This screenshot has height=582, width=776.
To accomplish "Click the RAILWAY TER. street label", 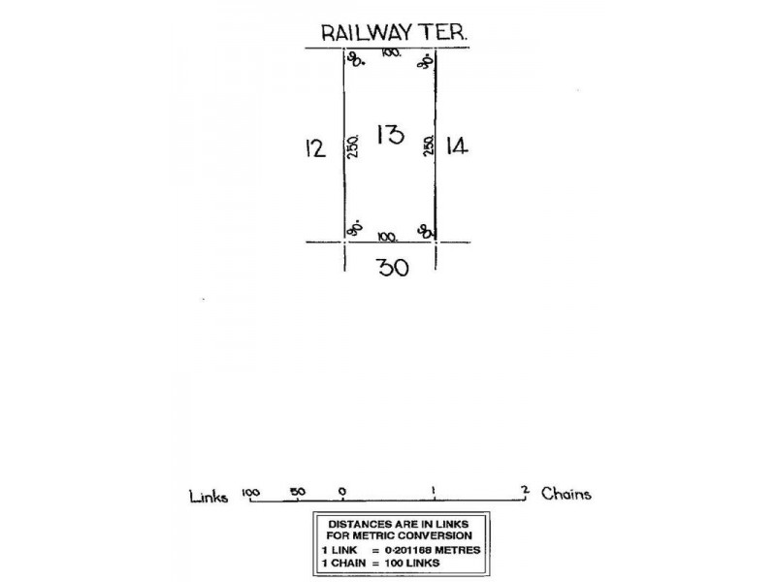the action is pyautogui.click(x=395, y=32).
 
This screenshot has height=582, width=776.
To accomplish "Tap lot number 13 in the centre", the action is pyautogui.click(x=390, y=135).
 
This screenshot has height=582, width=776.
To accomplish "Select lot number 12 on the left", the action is pyautogui.click(x=313, y=147).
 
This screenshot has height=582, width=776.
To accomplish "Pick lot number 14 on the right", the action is pyautogui.click(x=457, y=146).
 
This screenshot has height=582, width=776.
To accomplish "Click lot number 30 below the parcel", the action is pyautogui.click(x=392, y=267).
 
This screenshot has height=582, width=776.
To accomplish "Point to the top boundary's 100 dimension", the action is pyautogui.click(x=391, y=52).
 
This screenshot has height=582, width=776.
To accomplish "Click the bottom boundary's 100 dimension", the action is pyautogui.click(x=389, y=235).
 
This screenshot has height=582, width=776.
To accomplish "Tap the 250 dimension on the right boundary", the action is pyautogui.click(x=427, y=146).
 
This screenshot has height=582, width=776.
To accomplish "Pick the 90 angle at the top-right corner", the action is pyautogui.click(x=425, y=62).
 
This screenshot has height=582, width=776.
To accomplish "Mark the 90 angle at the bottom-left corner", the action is pyautogui.click(x=355, y=229).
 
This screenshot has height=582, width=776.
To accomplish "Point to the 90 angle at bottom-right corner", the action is pyautogui.click(x=425, y=230).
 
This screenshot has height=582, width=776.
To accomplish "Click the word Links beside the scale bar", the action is pyautogui.click(x=210, y=496).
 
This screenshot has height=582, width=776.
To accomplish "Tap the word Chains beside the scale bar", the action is pyautogui.click(x=566, y=494).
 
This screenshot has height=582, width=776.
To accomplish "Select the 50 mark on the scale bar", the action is pyautogui.click(x=298, y=492).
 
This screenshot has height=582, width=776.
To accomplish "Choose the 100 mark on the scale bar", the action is pyautogui.click(x=251, y=492).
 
